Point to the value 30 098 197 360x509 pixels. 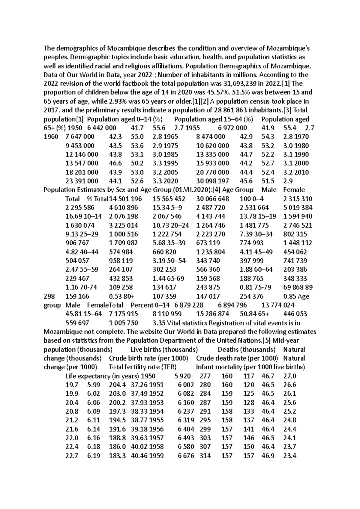point(212,181)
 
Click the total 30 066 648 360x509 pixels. point(212,199)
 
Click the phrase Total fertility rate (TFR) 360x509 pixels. point(142,367)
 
